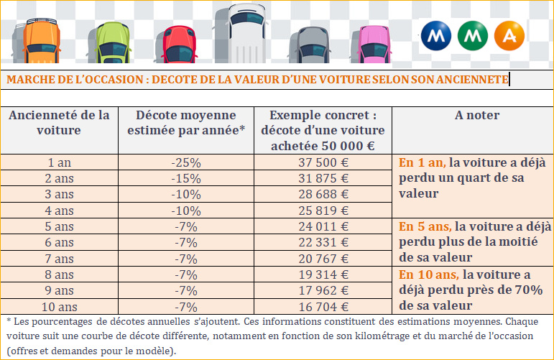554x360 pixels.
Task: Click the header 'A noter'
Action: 476,116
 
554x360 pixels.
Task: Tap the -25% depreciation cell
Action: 186,162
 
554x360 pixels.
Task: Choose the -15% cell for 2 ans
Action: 186,179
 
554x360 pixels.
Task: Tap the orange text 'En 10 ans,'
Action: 428,275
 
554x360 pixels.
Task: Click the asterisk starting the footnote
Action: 9,320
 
